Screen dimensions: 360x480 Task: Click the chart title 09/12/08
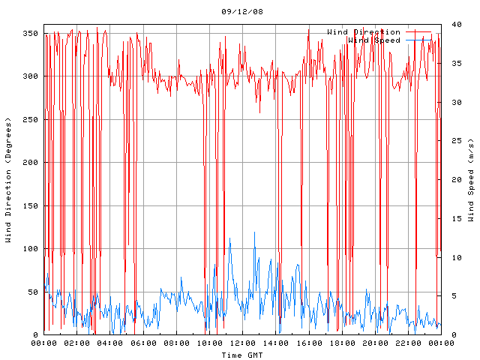[242, 12]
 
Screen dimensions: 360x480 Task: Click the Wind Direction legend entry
[364, 32]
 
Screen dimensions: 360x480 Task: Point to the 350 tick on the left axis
[30, 33]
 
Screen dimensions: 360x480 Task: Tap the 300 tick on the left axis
[30, 76]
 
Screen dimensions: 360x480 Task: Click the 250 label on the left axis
[30, 119]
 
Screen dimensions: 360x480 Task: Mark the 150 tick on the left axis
[30, 205]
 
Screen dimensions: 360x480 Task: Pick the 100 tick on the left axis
[30, 249]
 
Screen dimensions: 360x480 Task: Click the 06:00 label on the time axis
[143, 343]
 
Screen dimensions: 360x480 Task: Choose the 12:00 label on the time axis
[242, 343]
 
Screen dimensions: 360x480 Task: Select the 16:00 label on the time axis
[309, 343]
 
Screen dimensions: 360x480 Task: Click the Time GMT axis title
[242, 354]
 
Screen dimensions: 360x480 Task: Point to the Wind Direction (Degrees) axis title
[9, 180]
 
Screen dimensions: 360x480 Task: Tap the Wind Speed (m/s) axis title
[471, 180]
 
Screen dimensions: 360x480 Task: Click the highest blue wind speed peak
[254, 232]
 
